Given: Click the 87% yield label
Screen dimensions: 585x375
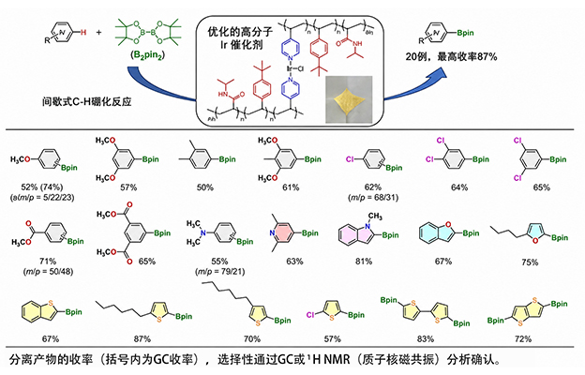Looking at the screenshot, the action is pyautogui.click(x=142, y=338).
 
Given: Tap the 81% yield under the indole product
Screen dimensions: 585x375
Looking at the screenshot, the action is pyautogui.click(x=364, y=262).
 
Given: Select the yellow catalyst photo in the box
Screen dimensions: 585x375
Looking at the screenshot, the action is pyautogui.click(x=349, y=99).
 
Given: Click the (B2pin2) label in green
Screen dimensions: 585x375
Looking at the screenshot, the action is pyautogui.click(x=147, y=55).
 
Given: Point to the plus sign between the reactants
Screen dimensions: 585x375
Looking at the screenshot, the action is pyautogui.click(x=98, y=33).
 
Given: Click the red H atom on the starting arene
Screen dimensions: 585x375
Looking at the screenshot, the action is pyautogui.click(x=83, y=33).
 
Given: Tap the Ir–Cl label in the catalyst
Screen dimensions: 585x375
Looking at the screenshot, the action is pyautogui.click(x=294, y=68).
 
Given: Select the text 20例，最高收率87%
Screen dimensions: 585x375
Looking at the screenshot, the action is pyautogui.click(x=452, y=56).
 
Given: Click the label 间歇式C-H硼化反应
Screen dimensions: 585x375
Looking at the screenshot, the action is pyautogui.click(x=86, y=102).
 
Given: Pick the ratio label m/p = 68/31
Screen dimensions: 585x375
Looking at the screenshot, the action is pyautogui.click(x=373, y=197).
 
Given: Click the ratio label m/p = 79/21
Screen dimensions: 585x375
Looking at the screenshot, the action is pyautogui.click(x=219, y=271).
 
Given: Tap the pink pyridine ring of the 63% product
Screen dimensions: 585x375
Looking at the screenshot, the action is pyautogui.click(x=282, y=233).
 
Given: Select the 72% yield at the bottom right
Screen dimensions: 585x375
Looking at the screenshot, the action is pyautogui.click(x=523, y=338).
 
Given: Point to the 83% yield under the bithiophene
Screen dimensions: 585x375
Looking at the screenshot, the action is pyautogui.click(x=426, y=338).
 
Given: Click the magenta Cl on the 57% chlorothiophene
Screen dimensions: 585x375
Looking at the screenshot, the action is pyautogui.click(x=310, y=315).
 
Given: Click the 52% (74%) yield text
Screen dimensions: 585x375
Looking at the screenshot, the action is pyautogui.click(x=42, y=187).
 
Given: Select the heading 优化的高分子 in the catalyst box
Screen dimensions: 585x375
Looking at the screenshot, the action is pyautogui.click(x=240, y=32).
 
